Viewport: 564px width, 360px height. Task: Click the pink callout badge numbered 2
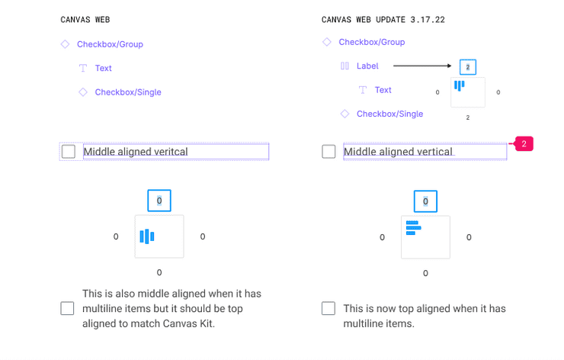[x=524, y=143]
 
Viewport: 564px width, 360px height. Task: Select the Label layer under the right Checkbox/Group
[x=367, y=66]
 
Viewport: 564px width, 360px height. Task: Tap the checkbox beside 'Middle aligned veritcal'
[x=69, y=152]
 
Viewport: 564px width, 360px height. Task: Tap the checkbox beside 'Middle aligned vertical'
[x=328, y=152]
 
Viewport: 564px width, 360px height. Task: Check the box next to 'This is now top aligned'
[x=328, y=309]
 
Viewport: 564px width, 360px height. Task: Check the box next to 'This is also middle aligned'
[x=67, y=309]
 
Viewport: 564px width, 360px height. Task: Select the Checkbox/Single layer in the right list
[x=389, y=114]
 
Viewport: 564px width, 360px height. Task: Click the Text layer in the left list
[x=103, y=69]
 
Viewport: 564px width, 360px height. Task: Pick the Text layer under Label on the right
[x=383, y=90]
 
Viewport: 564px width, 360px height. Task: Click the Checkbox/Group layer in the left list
[x=110, y=44]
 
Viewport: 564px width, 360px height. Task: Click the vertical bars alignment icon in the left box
[x=147, y=236]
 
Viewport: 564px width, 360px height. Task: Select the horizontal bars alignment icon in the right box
[x=413, y=227]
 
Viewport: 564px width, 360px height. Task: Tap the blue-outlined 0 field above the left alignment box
[x=159, y=201]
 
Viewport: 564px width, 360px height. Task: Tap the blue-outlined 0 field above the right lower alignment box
[x=425, y=201]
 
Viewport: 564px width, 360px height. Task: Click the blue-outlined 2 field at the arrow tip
[x=468, y=67]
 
